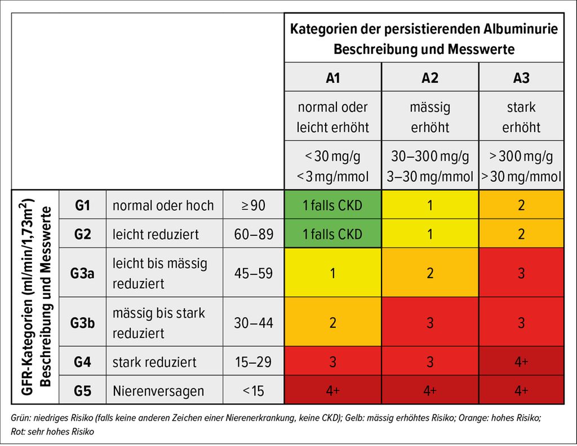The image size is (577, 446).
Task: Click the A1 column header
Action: tap(332, 77)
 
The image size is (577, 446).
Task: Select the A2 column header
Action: tap(430, 77)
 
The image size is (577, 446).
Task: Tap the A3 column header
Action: tap(521, 77)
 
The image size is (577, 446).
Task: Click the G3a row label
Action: tap(82, 273)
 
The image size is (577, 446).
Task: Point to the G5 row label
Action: tap(82, 390)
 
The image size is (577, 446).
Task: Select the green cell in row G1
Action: tap(332, 206)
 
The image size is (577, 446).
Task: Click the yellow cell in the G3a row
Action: tap(332, 273)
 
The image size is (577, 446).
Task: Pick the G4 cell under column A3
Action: tap(521, 361)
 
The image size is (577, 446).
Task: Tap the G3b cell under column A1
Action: tap(332, 322)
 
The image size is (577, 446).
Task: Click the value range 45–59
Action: tap(253, 273)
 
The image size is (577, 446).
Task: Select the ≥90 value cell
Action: tap(253, 206)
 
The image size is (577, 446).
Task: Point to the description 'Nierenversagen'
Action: tap(158, 390)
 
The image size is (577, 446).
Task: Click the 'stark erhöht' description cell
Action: tap(521, 117)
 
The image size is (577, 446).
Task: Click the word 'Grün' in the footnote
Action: tap(21, 418)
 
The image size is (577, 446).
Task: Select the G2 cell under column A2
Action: tap(430, 234)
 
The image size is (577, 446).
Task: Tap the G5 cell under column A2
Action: tap(430, 390)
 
